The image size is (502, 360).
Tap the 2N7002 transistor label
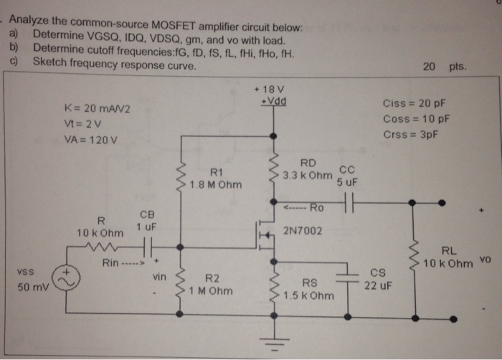[x=303, y=231]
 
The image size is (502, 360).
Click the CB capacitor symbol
[x=147, y=247]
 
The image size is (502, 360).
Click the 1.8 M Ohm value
[x=216, y=184]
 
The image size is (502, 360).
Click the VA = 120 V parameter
[x=91, y=139]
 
